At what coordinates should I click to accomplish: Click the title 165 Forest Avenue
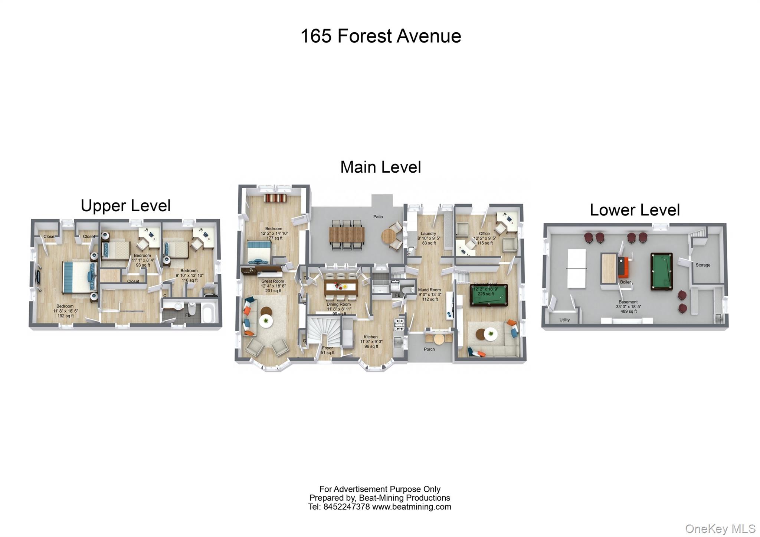(x=380, y=36)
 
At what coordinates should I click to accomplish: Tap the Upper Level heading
(x=125, y=206)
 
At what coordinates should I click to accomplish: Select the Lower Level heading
(x=635, y=210)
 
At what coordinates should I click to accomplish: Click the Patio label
(x=378, y=217)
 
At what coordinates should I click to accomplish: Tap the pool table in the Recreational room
(x=489, y=295)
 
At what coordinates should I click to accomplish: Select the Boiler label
(x=625, y=282)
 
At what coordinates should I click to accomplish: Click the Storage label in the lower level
(x=702, y=265)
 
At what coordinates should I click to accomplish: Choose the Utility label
(x=564, y=320)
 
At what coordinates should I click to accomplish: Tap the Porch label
(x=429, y=349)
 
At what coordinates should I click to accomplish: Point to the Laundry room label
(x=428, y=234)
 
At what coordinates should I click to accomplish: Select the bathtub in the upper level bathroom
(x=207, y=313)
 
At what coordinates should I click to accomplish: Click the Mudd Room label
(x=429, y=290)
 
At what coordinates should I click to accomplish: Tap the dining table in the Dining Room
(x=341, y=287)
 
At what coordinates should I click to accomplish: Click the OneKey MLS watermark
(x=720, y=528)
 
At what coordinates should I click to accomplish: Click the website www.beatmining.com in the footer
(x=411, y=507)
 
